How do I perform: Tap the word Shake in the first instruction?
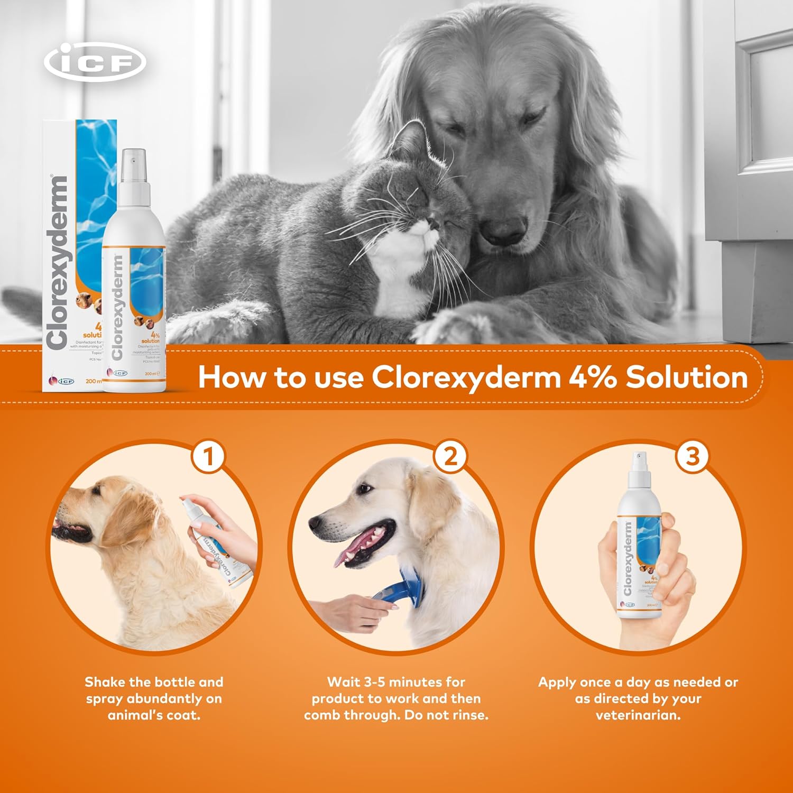[105, 682]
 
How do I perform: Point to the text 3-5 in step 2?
[374, 682]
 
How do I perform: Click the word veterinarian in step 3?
[638, 715]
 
